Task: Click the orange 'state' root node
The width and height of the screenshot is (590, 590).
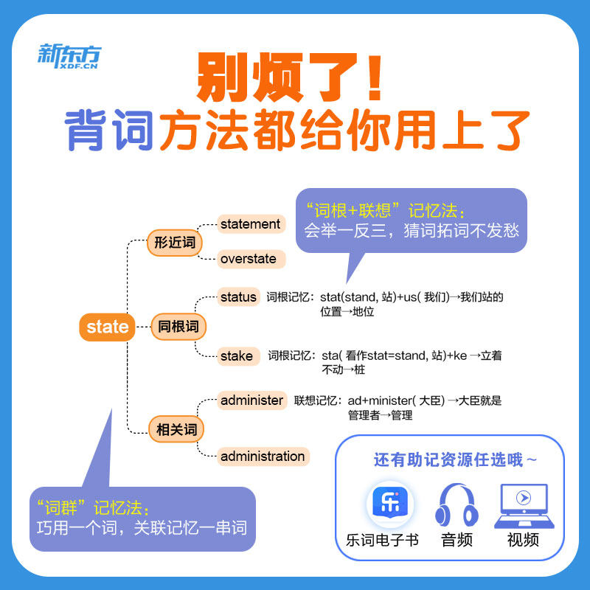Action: pos(108,327)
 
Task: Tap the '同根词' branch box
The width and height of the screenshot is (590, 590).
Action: pos(178,326)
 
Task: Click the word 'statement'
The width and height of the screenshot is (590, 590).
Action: pos(250,224)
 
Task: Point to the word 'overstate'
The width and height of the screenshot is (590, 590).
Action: pos(249,259)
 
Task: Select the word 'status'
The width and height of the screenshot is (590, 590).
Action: pos(238,297)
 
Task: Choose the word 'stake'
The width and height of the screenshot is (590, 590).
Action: pos(236,356)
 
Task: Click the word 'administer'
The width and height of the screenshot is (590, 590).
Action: pos(251,400)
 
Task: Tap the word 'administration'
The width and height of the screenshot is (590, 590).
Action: pos(262,457)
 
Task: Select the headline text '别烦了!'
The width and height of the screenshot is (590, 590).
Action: pos(289,78)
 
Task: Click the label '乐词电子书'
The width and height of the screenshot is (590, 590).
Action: pos(382,540)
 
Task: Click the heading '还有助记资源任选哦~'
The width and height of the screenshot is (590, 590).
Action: pos(455,459)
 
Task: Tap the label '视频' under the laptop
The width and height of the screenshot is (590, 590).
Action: pos(523,540)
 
